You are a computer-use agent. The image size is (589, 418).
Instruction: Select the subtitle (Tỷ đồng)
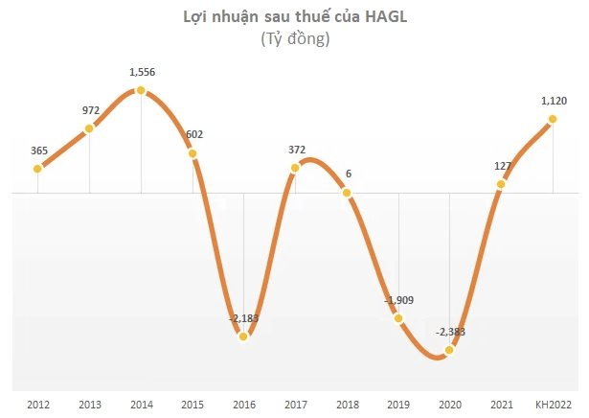(x=295, y=39)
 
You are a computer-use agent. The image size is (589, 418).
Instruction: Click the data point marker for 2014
(x=141, y=90)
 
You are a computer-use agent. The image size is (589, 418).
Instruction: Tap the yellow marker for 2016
(x=244, y=336)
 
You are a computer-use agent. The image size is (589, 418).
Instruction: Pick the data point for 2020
(x=449, y=350)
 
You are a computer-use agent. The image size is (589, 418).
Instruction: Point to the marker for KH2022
(x=553, y=120)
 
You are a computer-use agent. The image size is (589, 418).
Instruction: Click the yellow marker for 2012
(x=38, y=169)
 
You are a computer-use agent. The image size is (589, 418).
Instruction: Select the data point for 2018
(x=347, y=193)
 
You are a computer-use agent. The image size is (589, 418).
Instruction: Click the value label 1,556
(x=141, y=71)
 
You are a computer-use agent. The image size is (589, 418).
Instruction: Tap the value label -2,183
(x=244, y=317)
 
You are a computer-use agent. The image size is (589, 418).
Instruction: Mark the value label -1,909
(x=399, y=301)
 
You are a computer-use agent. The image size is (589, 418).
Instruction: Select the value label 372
(x=296, y=149)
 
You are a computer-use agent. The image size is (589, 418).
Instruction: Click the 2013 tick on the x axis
(x=89, y=403)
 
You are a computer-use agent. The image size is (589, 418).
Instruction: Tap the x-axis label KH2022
(x=553, y=403)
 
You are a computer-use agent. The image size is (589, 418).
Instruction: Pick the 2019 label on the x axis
(x=398, y=403)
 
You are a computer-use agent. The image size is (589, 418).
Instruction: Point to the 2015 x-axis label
(x=193, y=403)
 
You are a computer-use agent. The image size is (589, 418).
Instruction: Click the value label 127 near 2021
(x=501, y=164)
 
